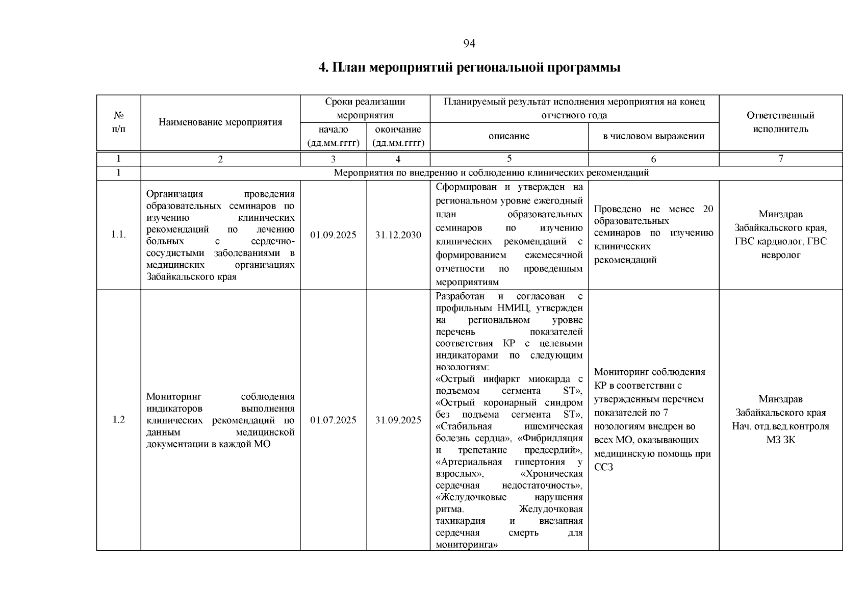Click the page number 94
tap(469, 44)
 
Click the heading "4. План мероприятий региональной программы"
tap(469, 68)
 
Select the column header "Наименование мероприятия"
tap(220, 122)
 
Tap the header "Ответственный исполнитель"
tap(780, 122)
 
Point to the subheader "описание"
tap(509, 136)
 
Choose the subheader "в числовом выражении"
tap(653, 136)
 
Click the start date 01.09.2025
tap(333, 235)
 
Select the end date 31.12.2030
tap(398, 235)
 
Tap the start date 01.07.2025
tap(333, 420)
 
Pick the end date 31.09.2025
tap(398, 420)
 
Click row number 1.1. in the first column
tap(118, 235)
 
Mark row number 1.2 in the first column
tap(118, 420)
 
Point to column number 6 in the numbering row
tap(653, 159)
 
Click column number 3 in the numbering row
tap(333, 159)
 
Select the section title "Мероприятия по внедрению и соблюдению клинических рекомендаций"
tap(491, 173)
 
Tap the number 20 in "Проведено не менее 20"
tap(708, 209)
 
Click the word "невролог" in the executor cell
tap(780, 255)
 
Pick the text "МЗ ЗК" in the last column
tap(780, 440)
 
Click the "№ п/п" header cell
tap(118, 122)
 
